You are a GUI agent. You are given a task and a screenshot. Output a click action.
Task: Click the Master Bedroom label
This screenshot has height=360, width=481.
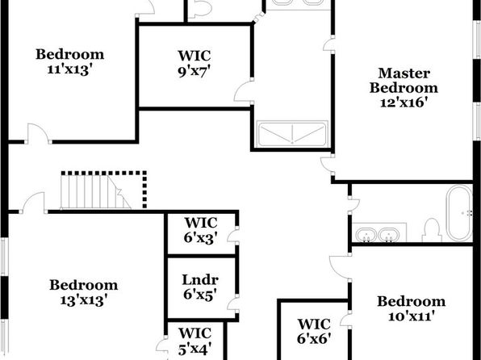pos(404,81)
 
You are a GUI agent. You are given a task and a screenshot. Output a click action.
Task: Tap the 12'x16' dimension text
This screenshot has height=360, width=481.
pos(404,103)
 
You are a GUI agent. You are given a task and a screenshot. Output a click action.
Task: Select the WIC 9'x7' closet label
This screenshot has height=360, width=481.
pos(194,64)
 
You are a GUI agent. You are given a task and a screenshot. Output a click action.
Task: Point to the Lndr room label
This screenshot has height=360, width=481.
pos(200,280)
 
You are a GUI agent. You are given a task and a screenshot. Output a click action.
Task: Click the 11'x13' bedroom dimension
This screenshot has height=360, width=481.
pos(70,69)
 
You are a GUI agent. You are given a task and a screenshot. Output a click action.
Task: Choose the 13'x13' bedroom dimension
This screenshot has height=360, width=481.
pos(84,300)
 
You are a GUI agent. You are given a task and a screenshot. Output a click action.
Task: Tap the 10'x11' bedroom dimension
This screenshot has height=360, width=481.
pos(412,316)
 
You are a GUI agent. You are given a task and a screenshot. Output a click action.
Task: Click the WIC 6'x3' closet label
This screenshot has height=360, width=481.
pos(201,231)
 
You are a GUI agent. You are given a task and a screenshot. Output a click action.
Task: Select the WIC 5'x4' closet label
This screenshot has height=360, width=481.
pos(195,341)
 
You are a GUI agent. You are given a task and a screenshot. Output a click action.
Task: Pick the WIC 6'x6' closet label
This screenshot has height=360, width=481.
pos(314,332)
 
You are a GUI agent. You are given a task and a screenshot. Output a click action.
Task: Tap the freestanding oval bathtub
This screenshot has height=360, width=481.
pos(459,212)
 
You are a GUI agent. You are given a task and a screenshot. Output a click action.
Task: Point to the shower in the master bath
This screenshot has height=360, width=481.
pos(292,134)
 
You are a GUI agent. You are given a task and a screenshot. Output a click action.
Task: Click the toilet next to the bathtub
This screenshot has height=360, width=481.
pos(432,230)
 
